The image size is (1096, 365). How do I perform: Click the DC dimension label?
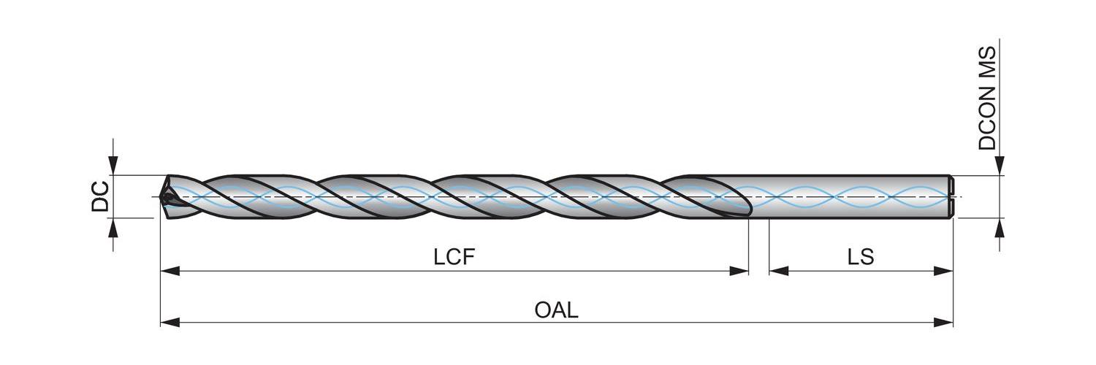tap(100, 196)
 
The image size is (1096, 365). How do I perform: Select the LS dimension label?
tap(861, 256)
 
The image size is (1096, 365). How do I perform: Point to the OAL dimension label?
tap(556, 310)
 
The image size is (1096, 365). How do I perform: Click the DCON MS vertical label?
tap(987, 98)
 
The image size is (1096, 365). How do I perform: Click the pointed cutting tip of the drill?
tap(162, 196)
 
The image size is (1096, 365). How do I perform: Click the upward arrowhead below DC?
tap(113, 227)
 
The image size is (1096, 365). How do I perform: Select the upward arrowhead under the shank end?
tap(1000, 227)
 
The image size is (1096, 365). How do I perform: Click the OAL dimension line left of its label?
tap(351, 322)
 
